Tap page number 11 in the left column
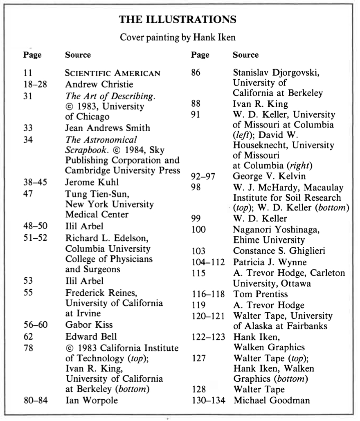(x=28, y=74)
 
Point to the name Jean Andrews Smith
(x=108, y=128)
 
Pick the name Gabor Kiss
(x=89, y=325)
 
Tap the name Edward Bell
(x=91, y=336)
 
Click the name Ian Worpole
(x=91, y=400)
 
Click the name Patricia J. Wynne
(x=270, y=262)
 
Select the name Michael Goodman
(x=272, y=400)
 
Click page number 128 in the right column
(x=199, y=389)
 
